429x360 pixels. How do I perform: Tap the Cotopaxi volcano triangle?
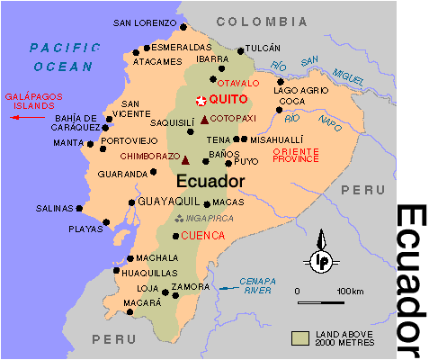coord(204,120)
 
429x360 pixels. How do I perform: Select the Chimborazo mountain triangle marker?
coord(185,160)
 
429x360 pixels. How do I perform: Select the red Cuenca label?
coord(203,237)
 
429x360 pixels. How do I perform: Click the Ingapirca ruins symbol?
coord(179,218)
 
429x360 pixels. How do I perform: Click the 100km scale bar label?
coord(350,291)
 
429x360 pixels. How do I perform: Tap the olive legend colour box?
coord(300,337)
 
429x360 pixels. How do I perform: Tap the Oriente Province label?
coord(296,153)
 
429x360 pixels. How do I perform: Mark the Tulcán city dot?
coord(239,50)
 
